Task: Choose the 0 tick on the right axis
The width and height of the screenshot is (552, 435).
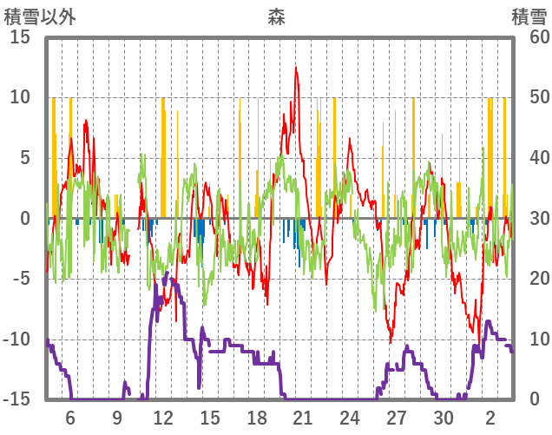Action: (536, 399)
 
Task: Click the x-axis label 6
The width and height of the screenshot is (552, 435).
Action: (70, 417)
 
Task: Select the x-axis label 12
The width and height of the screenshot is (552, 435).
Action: (163, 417)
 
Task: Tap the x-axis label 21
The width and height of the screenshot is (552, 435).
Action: (303, 417)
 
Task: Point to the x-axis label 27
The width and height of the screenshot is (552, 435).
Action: (397, 417)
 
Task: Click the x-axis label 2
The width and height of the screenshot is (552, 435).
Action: (490, 417)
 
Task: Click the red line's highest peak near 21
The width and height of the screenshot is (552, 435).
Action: (296, 68)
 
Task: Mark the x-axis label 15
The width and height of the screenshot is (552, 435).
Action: (210, 417)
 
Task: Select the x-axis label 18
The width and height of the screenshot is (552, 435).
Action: (257, 417)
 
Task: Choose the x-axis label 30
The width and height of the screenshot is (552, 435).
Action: (444, 417)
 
